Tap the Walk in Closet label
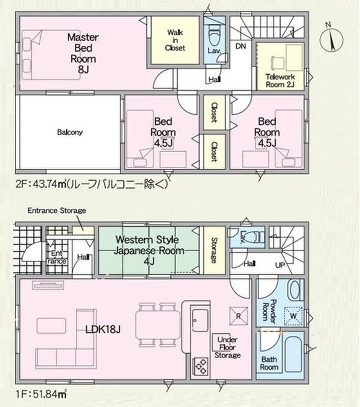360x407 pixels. [175, 40]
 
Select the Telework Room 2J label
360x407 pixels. [280, 81]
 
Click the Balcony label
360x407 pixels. [70, 132]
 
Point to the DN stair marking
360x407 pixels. [240, 46]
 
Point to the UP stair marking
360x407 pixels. [280, 265]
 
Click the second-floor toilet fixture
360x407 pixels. [214, 35]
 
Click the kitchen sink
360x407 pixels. [200, 320]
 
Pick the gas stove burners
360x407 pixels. [200, 366]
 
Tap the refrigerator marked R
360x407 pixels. [238, 316]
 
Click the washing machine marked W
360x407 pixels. [293, 316]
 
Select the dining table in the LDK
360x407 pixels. [158, 325]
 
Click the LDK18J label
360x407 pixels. [103, 330]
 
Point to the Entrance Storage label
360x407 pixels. [57, 210]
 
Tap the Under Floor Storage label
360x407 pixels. [227, 347]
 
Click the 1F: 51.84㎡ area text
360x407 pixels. [41, 394]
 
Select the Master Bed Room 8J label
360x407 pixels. [83, 53]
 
